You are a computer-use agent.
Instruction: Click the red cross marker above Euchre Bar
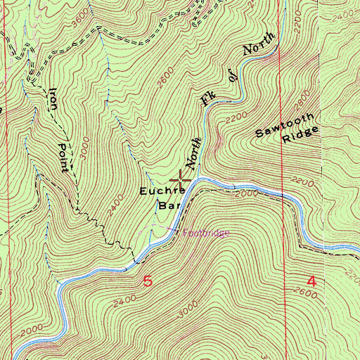(181, 180)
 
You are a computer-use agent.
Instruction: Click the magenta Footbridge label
(206, 233)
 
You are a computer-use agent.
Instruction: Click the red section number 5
(148, 281)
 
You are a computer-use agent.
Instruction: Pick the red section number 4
(311, 281)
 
